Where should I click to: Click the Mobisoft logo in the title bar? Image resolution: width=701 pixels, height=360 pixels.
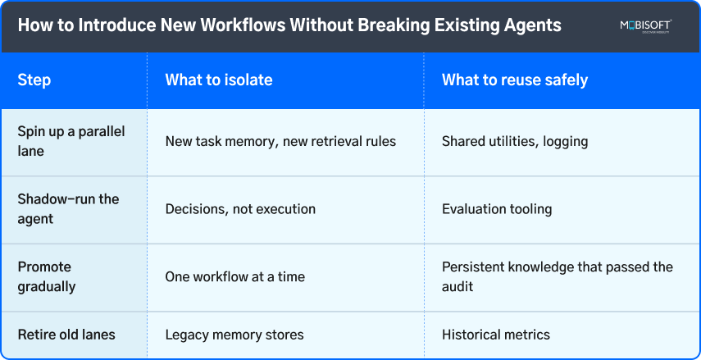(x=646, y=26)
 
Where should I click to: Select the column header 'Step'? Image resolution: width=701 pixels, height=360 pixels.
(x=34, y=80)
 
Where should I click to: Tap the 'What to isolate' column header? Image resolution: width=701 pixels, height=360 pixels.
(x=218, y=80)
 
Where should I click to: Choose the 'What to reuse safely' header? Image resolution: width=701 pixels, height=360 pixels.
(x=514, y=80)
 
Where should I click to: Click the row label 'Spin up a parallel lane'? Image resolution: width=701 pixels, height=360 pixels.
(x=71, y=141)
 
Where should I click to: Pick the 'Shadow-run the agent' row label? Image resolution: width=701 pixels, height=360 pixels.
(x=68, y=209)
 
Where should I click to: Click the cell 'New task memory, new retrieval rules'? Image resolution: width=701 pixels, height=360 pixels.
(x=280, y=141)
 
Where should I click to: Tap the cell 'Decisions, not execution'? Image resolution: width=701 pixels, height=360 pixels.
(x=240, y=209)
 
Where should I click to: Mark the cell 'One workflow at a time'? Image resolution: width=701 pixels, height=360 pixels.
(x=234, y=276)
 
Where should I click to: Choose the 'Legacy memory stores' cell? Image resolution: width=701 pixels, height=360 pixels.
(x=234, y=335)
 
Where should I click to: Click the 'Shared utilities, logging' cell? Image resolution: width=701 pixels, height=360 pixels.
(x=515, y=141)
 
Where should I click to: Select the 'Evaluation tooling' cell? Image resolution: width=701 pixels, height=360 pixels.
(x=497, y=209)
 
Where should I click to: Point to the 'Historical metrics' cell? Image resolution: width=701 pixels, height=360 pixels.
(x=495, y=335)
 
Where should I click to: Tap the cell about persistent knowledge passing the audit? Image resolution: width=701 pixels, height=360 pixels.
(x=557, y=276)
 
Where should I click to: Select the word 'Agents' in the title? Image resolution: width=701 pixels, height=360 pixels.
(x=533, y=25)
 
